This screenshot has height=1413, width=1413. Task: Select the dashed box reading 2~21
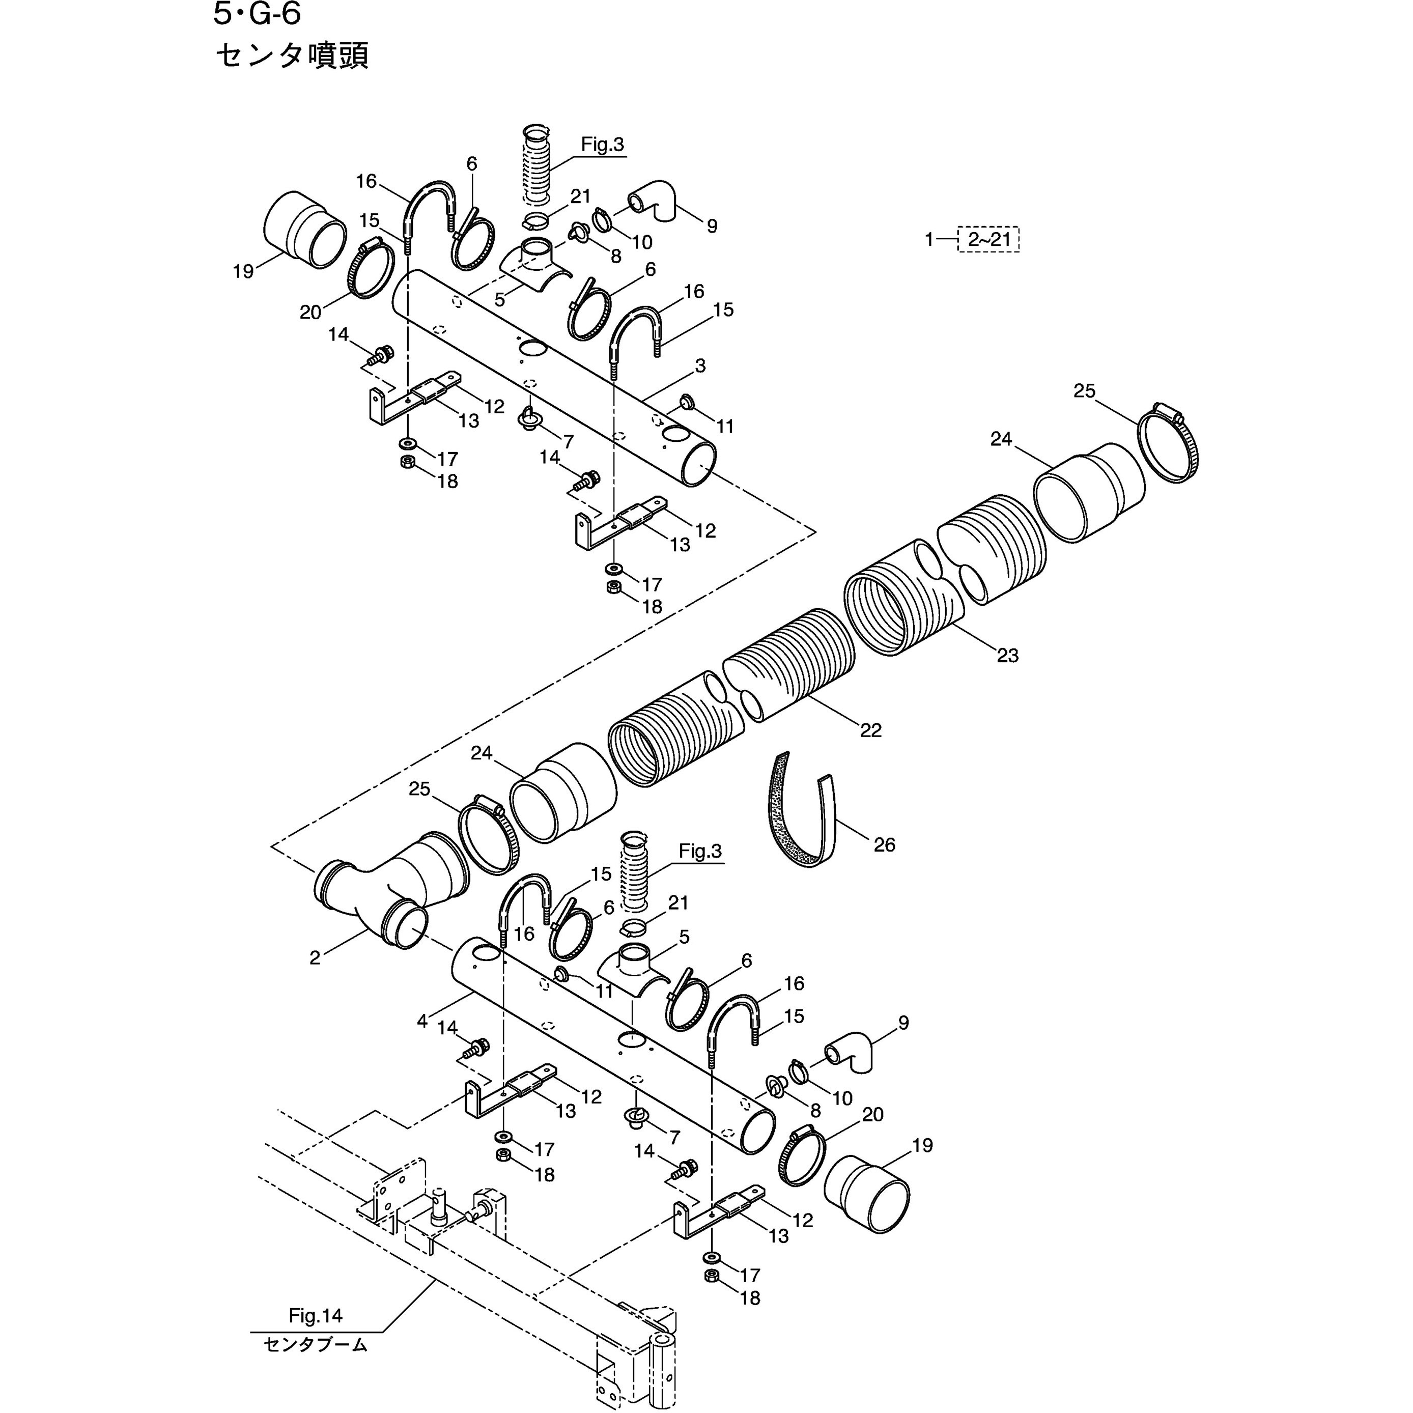pyautogui.click(x=989, y=239)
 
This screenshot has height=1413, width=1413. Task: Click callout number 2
pyautogui.click(x=315, y=958)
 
